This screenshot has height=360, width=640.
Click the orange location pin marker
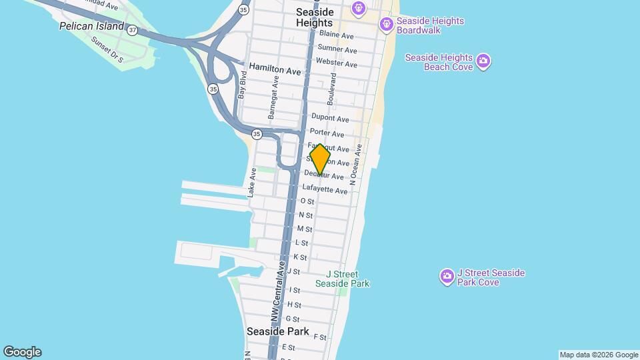(x=320, y=159)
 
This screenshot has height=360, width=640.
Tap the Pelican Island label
(x=91, y=26)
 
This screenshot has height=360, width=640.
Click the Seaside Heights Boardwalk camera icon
(x=386, y=25)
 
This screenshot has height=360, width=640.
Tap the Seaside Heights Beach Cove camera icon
(x=483, y=61)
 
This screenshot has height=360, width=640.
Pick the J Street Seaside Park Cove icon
(x=446, y=276)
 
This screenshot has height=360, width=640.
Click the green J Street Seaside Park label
(x=342, y=279)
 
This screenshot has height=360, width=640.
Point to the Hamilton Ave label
(x=275, y=69)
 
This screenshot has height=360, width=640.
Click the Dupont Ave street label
(x=330, y=119)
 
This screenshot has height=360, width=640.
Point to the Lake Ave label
(x=252, y=182)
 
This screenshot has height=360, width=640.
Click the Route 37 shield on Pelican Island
(x=133, y=30)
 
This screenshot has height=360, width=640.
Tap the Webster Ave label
(x=336, y=63)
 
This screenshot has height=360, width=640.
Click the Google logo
(x=22, y=352)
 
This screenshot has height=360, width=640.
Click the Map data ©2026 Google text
(x=598, y=355)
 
